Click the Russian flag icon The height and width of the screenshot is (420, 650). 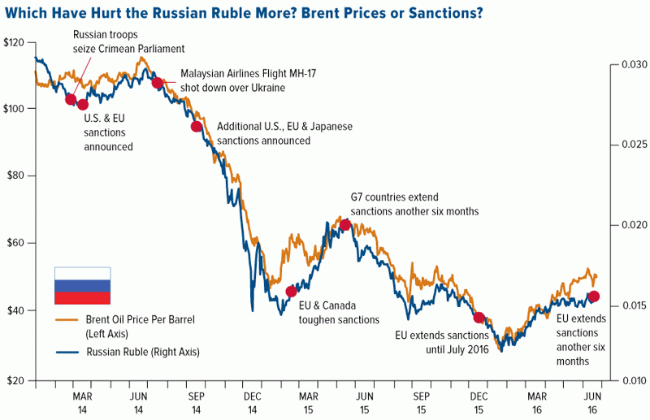[x=82, y=286]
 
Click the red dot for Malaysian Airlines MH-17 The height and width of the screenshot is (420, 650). [x=158, y=83]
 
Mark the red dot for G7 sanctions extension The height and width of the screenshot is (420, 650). [x=344, y=225]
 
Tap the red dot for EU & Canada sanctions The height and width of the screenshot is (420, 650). [x=292, y=291]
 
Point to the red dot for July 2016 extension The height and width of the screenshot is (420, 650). [x=479, y=318]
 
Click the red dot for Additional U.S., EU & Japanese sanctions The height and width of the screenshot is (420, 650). [x=196, y=126]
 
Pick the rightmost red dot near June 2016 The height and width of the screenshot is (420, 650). [x=594, y=297]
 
